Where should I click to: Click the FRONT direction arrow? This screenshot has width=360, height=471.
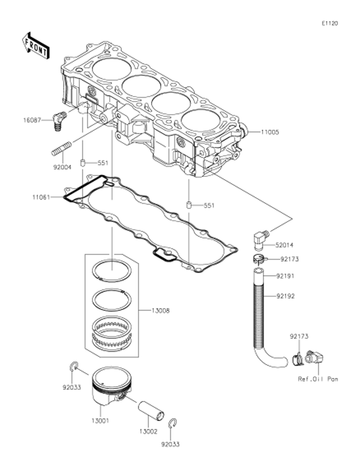[x=35, y=46]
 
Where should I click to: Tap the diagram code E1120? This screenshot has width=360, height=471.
[x=330, y=24]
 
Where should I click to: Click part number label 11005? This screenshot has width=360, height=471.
[x=269, y=132]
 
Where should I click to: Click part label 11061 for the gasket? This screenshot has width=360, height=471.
[x=41, y=196]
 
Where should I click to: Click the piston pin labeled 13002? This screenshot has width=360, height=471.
[x=151, y=410]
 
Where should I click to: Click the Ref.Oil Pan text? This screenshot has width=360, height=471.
[x=318, y=379]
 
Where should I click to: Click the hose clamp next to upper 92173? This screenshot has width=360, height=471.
[x=259, y=259]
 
